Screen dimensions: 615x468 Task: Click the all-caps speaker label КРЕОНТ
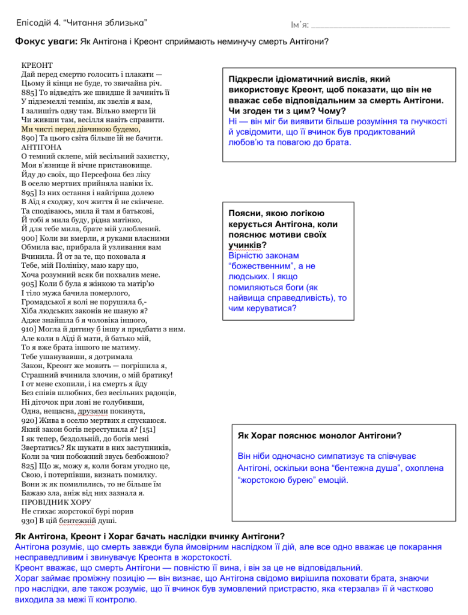click(x=37, y=64)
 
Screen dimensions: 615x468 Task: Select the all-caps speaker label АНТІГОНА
click(x=41, y=147)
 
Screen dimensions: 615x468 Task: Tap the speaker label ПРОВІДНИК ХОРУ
click(x=56, y=502)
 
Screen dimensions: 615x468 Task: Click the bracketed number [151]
click(x=148, y=429)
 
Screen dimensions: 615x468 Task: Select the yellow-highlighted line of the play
click(x=81, y=129)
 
